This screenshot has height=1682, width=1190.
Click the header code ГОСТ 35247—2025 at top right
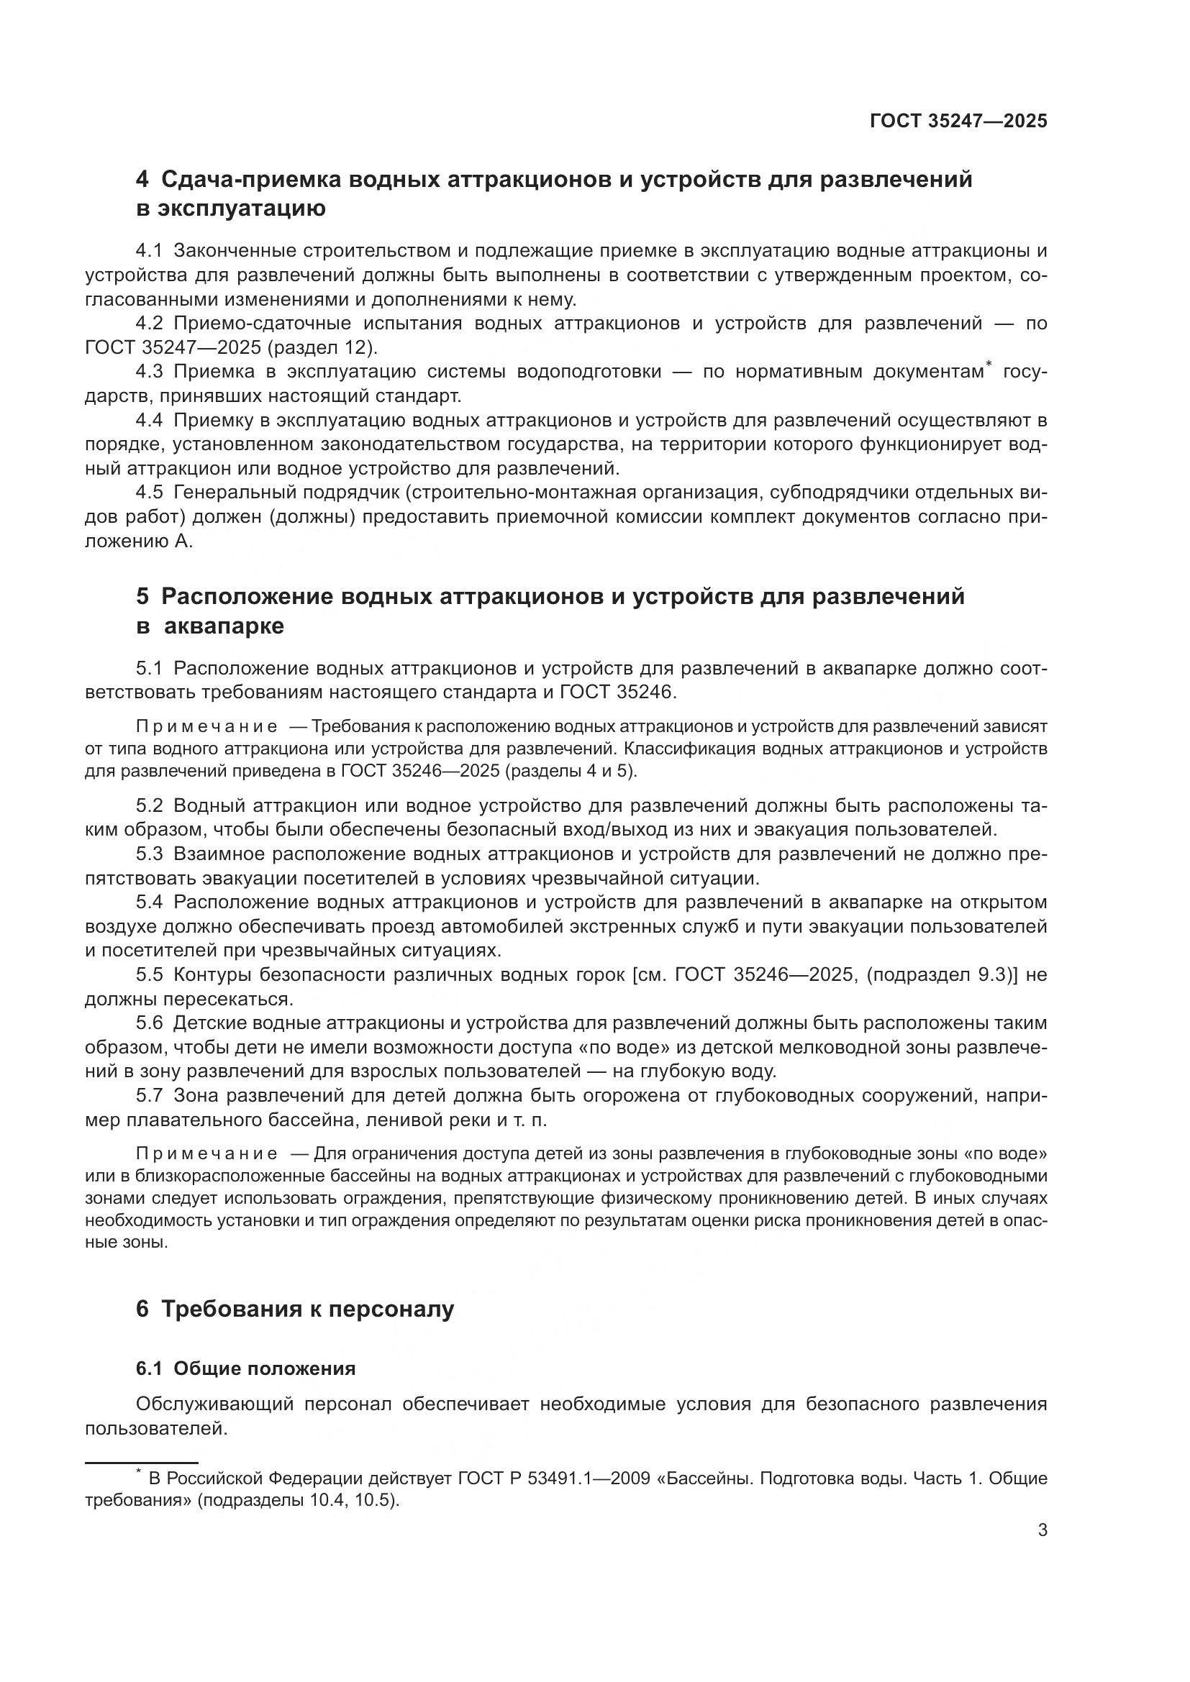(958, 122)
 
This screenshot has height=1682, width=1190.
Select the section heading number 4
(142, 180)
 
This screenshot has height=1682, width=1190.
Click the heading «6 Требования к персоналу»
(294, 1308)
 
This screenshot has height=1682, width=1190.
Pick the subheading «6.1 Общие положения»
(245, 1368)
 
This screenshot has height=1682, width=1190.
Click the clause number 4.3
(149, 372)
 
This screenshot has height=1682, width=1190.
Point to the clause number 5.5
(149, 975)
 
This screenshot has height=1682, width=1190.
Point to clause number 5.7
(149, 1096)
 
